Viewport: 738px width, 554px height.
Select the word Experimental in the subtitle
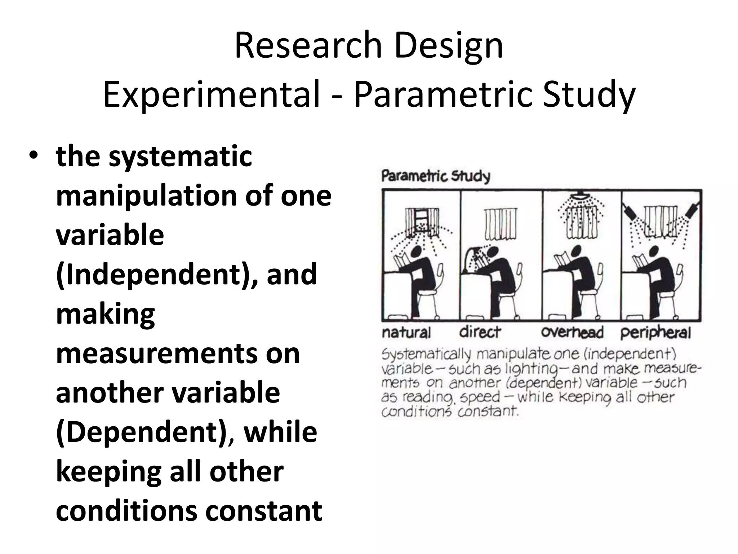tap(211, 94)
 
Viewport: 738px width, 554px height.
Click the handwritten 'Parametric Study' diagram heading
tap(436, 176)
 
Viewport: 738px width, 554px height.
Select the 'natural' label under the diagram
tap(406, 332)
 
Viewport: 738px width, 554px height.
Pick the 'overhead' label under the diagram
tap(572, 332)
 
